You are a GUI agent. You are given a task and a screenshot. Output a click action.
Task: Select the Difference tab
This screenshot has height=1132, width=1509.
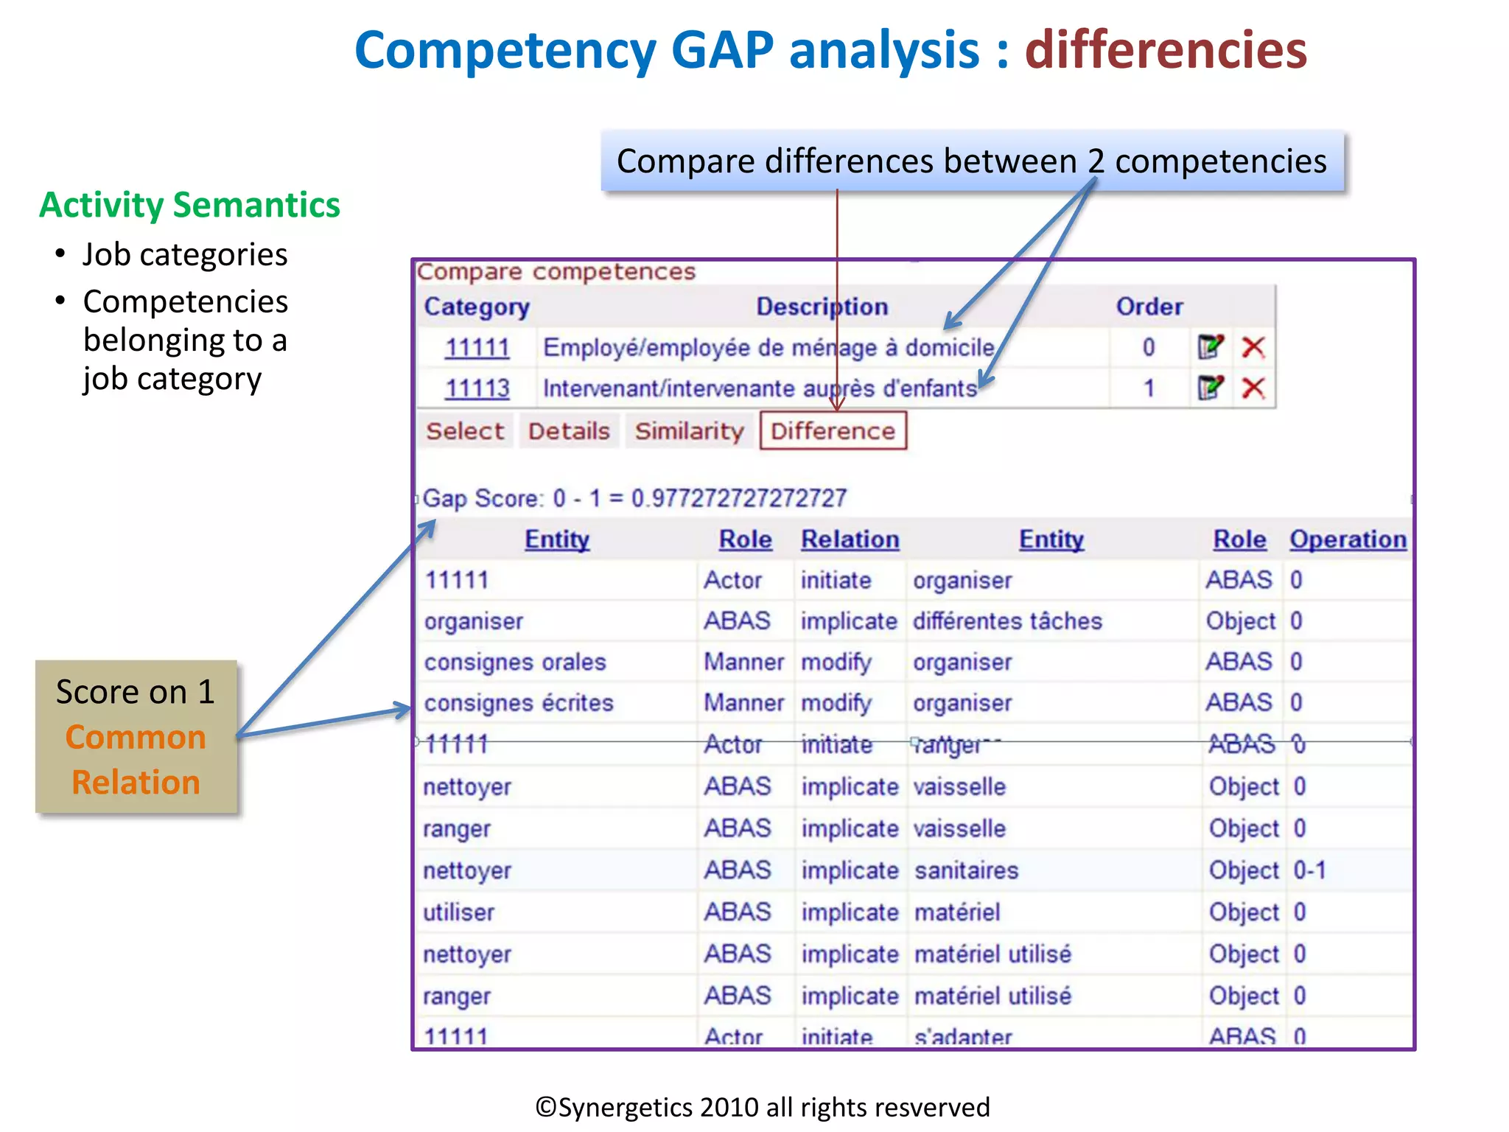coord(833,430)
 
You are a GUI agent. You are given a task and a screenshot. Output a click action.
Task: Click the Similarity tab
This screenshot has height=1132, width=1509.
coord(689,430)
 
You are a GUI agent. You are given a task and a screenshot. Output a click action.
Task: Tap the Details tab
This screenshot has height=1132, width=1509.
coord(569,430)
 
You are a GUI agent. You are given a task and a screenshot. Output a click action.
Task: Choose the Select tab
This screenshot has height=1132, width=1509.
coord(465,430)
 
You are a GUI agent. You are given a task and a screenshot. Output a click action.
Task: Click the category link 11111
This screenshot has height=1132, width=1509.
coord(477,347)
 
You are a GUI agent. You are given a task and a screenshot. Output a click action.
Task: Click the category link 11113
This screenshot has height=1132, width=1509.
coord(477,388)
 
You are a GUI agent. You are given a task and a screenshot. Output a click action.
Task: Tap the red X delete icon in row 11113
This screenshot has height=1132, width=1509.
coord(1253,388)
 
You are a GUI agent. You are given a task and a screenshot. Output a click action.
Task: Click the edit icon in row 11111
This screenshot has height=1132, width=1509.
coord(1210,346)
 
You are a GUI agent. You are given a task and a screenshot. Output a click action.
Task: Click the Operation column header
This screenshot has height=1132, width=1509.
coord(1348,539)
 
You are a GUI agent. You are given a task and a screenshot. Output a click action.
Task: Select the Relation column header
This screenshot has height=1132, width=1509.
coord(850,539)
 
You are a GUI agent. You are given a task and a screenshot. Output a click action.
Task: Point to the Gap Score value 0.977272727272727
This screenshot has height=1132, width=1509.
coord(738,498)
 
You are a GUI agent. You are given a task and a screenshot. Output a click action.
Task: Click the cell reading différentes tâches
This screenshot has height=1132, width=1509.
coord(1007,621)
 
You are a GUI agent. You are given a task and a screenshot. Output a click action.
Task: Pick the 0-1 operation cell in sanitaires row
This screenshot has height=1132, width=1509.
coord(1309,870)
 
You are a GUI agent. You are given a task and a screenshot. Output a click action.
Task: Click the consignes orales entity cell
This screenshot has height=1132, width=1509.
coord(515,662)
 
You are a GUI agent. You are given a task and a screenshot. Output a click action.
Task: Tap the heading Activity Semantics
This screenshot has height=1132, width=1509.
coord(189,205)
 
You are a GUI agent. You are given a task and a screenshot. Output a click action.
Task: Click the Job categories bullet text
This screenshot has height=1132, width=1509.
coord(184,255)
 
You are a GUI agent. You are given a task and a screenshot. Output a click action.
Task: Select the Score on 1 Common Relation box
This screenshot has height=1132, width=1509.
coord(136,736)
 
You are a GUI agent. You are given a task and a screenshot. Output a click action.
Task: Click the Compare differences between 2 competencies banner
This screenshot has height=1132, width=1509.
coord(971,161)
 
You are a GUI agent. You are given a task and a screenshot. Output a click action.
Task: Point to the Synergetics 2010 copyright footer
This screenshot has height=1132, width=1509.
coord(762,1107)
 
